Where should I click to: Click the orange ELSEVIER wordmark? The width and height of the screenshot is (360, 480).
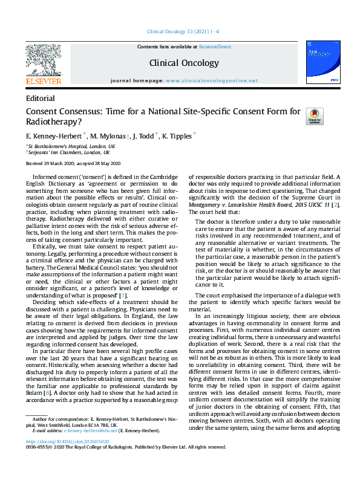point(43,80)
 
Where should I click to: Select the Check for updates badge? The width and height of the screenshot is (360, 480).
point(315,116)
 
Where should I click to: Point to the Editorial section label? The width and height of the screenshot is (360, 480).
point(41,99)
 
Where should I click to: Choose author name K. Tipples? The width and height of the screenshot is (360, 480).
point(176,136)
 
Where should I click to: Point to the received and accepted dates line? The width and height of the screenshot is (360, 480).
point(73,164)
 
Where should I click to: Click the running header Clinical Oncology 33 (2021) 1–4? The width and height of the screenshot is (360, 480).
point(180,31)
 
